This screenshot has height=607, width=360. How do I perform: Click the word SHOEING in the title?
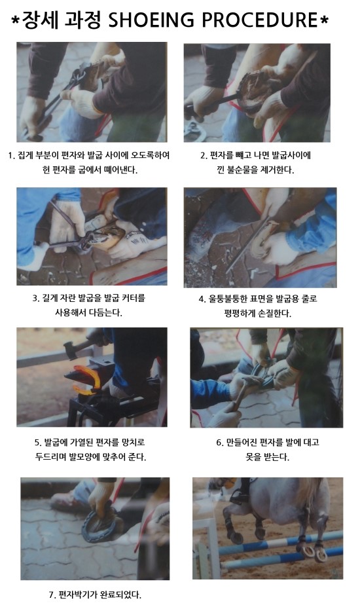point(151,20)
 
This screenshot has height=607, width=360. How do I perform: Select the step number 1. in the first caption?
point(11,156)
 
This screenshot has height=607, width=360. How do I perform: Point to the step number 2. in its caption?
point(204,156)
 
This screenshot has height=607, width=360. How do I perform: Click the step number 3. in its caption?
point(35,299)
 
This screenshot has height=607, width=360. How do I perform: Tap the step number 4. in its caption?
point(202,299)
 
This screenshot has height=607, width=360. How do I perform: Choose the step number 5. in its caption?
point(38,443)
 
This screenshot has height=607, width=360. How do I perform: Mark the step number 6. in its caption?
point(220,443)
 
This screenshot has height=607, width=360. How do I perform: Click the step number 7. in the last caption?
point(52,595)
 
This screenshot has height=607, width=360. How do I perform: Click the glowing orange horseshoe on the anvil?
point(88,380)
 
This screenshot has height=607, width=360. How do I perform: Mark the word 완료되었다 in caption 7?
point(120,595)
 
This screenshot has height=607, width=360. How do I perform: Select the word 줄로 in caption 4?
point(310,299)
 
